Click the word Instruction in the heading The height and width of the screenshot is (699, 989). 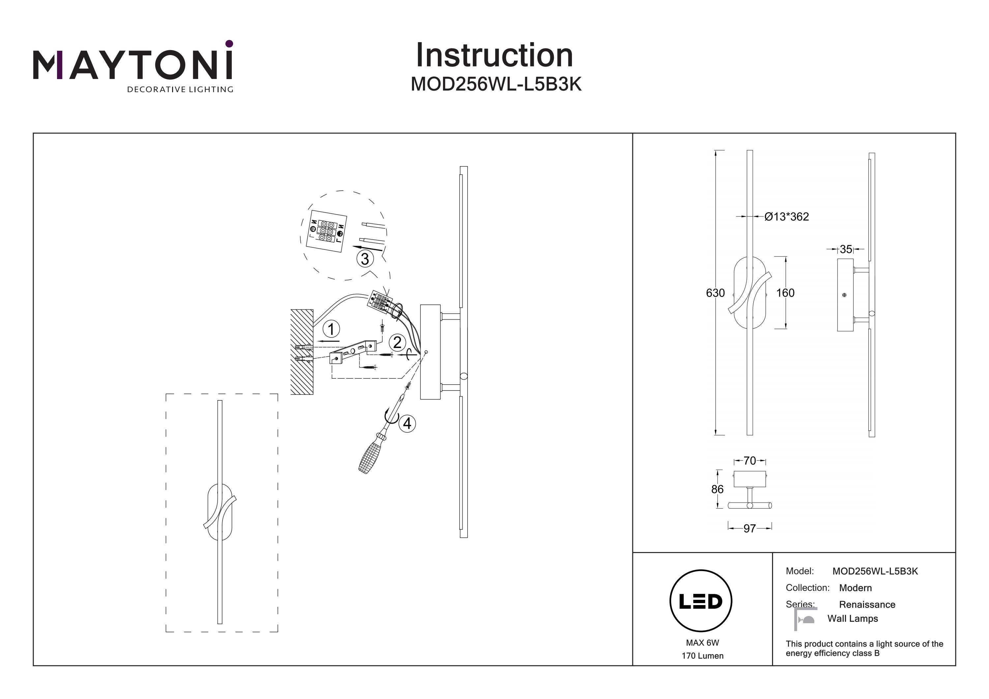(x=494, y=56)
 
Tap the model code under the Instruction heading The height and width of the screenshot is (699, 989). (x=496, y=84)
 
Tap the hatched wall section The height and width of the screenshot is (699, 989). (x=302, y=351)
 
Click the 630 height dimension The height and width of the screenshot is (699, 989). (x=715, y=293)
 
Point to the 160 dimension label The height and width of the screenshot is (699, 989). (x=785, y=293)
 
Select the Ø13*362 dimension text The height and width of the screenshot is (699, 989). (x=787, y=217)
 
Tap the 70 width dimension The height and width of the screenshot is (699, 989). (x=750, y=461)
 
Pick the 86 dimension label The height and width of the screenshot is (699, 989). (x=717, y=489)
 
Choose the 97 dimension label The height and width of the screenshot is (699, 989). (x=750, y=528)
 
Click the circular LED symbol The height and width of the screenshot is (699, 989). (x=701, y=601)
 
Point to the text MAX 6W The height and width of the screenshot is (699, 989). (x=703, y=643)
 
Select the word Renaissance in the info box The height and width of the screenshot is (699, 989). (x=867, y=605)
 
